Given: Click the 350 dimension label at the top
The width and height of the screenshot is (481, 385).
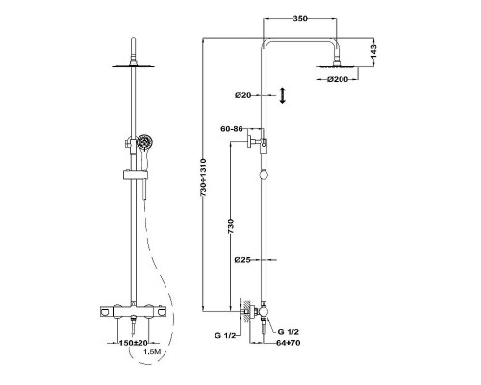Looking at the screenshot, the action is pyautogui.click(x=300, y=18).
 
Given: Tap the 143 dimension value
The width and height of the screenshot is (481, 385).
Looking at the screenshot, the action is pyautogui.click(x=374, y=52).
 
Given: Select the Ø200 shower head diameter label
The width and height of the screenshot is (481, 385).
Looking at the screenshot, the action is pyautogui.click(x=338, y=79).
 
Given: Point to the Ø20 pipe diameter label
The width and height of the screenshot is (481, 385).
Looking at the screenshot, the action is pyautogui.click(x=242, y=95).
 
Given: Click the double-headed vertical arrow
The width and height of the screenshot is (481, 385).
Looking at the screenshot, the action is pyautogui.click(x=282, y=95).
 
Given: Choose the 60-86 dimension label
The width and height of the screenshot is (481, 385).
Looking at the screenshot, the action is pyautogui.click(x=232, y=129).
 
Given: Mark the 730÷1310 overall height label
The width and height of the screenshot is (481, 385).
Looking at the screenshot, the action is pyautogui.click(x=203, y=178).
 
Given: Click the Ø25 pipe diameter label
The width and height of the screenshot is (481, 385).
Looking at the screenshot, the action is pyautogui.click(x=242, y=260).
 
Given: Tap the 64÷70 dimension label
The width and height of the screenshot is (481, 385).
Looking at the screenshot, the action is pyautogui.click(x=289, y=343).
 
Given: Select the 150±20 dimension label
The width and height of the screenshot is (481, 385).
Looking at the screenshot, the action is pyautogui.click(x=134, y=343).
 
